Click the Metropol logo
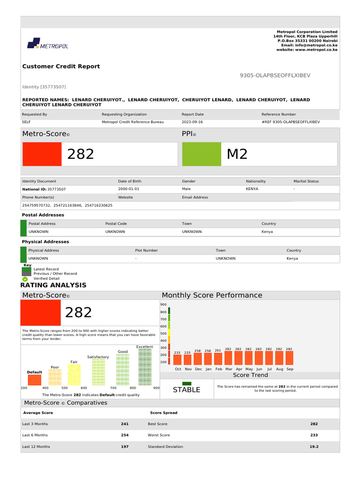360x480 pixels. coord(48,45)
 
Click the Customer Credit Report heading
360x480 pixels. coord(61,67)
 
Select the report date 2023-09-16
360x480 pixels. coord(192,122)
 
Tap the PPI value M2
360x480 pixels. coord(237,154)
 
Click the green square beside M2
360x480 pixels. coord(202,154)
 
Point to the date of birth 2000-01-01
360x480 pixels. coord(128,189)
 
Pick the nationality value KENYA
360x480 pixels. coord(252,189)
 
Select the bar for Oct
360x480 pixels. coord(178,360)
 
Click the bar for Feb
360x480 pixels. coord(218,359)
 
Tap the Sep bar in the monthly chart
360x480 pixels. coord(290,358)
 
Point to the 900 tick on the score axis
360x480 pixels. coord(164,305)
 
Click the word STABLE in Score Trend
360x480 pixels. coord(187,390)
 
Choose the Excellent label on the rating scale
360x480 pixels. coord(145,347)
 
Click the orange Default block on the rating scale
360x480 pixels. coord(34,380)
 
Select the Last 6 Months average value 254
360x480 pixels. coord(125,435)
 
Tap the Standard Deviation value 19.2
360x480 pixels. coord(314,447)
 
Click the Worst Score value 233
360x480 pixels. coord(314,435)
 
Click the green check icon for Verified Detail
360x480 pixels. coord(25,278)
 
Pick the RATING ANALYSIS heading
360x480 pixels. coord(53,285)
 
